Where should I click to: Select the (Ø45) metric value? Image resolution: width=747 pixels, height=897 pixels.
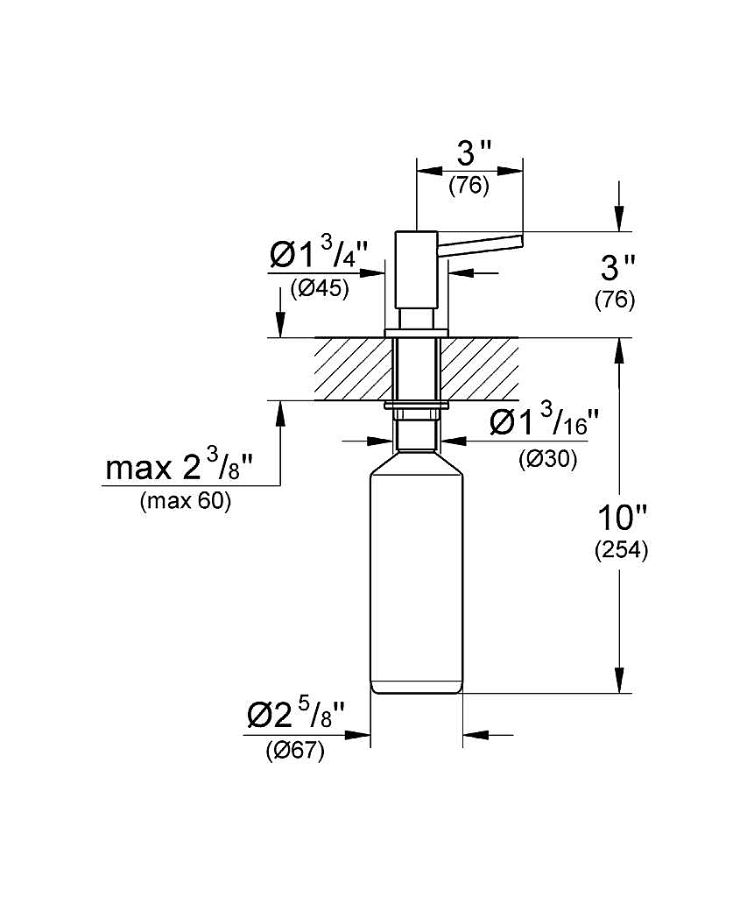[x=319, y=288]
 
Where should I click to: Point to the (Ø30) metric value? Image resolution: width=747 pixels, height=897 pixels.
[x=548, y=458]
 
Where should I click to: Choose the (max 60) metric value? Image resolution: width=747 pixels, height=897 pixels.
[x=186, y=501]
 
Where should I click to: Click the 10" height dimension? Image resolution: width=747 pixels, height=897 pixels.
[x=622, y=519]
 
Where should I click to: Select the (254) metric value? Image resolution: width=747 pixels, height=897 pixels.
[x=621, y=550]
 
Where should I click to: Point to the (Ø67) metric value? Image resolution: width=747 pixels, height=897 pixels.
[x=295, y=751]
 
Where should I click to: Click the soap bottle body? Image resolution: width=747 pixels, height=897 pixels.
[x=416, y=573]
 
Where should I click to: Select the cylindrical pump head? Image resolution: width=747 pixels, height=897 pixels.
[x=416, y=270]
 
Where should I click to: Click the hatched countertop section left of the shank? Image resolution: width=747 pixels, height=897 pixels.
[x=354, y=369]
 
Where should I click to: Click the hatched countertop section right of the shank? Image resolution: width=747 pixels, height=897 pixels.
[x=479, y=369]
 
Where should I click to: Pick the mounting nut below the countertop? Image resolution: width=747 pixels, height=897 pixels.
[x=416, y=413]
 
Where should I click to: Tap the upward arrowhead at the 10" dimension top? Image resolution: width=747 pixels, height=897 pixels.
[x=619, y=351]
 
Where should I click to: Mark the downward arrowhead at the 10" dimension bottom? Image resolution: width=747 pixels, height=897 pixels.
[x=619, y=680]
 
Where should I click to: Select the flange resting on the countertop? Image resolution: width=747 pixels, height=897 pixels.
[x=416, y=334]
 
